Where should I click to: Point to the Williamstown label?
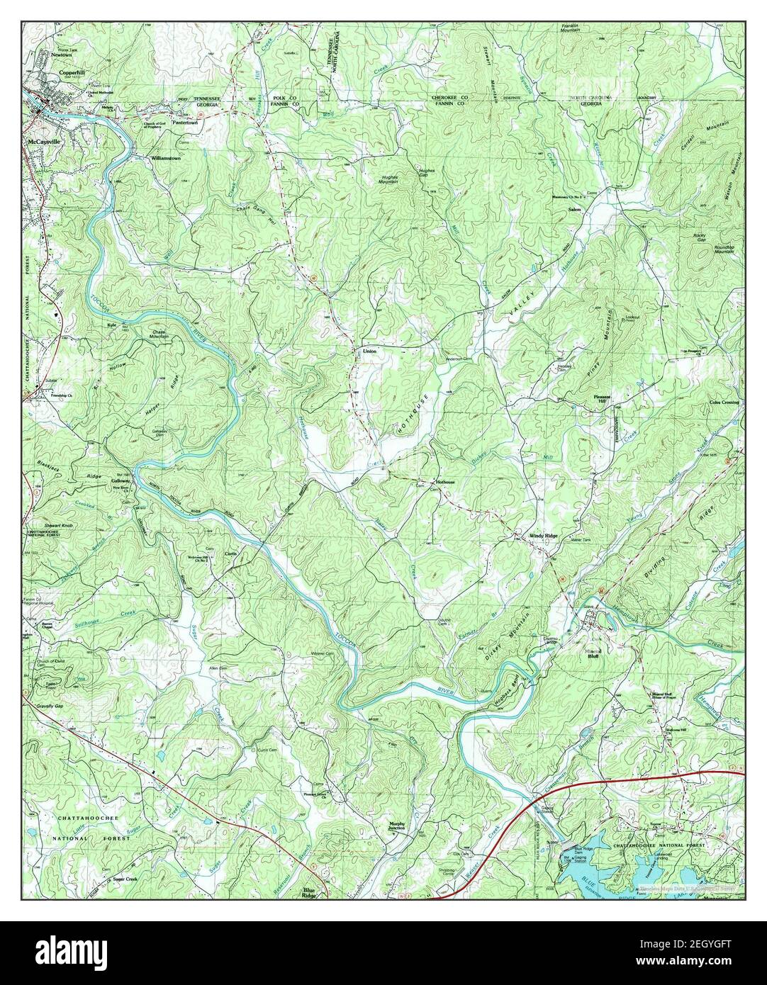(x=166, y=159)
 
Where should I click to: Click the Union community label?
(x=369, y=351)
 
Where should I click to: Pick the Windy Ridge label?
(x=542, y=536)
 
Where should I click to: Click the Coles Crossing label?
(x=723, y=403)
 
